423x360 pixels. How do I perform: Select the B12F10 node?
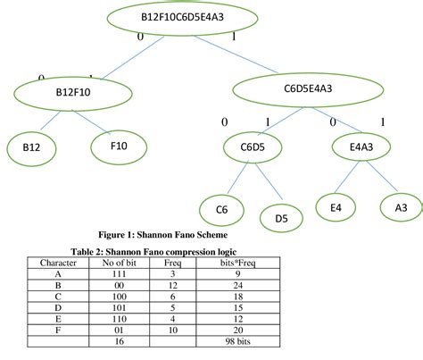(x=72, y=91)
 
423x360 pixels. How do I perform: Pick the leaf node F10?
(x=118, y=144)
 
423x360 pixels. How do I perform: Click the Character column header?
(x=57, y=264)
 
